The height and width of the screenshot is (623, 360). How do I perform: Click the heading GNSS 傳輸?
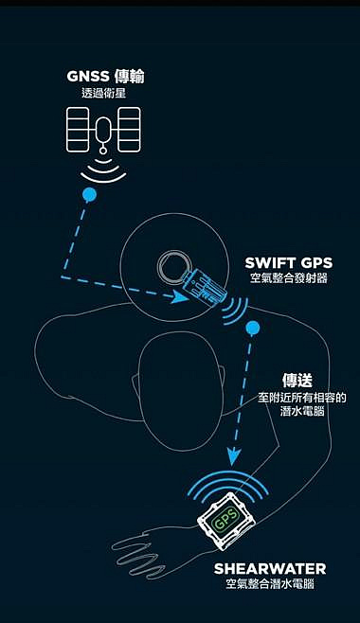(105, 77)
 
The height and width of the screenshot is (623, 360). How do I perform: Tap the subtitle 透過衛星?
(103, 94)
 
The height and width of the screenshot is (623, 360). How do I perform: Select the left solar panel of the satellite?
(78, 130)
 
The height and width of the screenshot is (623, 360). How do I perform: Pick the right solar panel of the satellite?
(129, 130)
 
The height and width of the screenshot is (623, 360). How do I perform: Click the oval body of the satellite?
(103, 130)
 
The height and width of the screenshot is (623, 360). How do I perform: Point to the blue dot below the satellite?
(89, 195)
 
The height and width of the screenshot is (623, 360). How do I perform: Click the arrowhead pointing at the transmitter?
(179, 296)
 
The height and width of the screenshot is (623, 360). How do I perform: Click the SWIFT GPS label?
(289, 262)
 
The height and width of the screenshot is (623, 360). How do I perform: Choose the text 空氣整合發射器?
(289, 277)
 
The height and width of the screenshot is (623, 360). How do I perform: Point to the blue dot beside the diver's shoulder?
(253, 328)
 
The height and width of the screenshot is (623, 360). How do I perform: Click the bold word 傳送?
(297, 381)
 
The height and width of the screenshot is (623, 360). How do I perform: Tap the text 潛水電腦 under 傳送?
(302, 410)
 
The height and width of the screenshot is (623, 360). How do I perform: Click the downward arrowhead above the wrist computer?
(234, 457)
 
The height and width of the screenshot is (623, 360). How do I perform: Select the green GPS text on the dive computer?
(226, 518)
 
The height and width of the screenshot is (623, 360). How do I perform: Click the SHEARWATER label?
(270, 569)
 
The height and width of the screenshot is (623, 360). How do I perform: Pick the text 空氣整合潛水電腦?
(270, 584)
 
